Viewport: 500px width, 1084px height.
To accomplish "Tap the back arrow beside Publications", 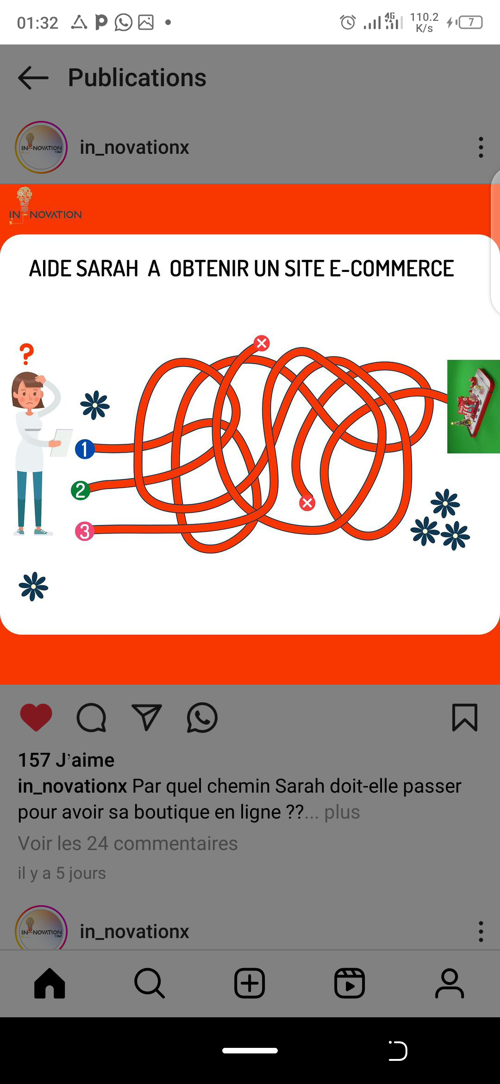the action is pos(33,77).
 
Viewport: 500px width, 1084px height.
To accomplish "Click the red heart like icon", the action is pos(36,718).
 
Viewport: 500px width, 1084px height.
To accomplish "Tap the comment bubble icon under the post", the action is pos(91,718).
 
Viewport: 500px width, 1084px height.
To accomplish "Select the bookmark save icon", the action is pos(464,718).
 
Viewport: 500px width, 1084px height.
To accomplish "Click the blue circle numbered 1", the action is pos(85,449).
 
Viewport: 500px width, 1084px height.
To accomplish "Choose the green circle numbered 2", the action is pos(81,490).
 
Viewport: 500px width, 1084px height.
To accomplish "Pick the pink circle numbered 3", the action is pos(85,531).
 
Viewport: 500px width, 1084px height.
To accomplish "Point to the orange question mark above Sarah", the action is pos(27,354).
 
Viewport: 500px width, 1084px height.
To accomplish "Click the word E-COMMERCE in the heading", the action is pos(392,269).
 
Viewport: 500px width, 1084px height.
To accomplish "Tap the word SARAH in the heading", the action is pos(107,269).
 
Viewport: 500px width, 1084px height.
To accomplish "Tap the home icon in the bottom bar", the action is pos(50,983).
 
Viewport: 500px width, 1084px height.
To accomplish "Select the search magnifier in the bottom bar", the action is pos(150,983).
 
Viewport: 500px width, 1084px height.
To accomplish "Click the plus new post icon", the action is pos(250,983).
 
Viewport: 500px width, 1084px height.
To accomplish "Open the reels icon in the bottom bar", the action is pos(350,983).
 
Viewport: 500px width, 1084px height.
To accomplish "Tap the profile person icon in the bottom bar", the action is pos(450,983).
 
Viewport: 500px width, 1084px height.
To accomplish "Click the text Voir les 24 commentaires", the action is pos(128,843).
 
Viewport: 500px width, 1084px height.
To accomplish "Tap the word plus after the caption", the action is pos(342,812).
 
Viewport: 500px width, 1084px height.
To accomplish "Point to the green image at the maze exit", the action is pos(474,406).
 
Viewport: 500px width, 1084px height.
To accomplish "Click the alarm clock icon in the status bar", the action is pos(348,22).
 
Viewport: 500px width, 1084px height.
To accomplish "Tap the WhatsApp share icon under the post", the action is pos(202,718).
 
